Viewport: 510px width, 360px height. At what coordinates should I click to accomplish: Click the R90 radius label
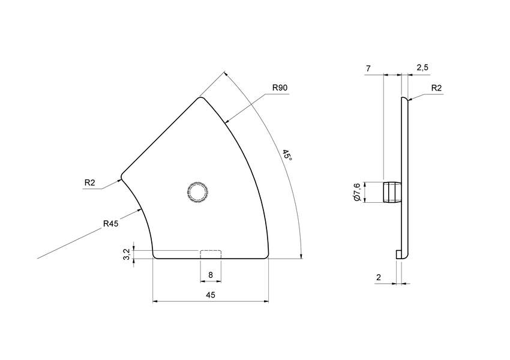(x=280, y=88)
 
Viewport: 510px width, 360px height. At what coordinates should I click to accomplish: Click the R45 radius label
(x=110, y=224)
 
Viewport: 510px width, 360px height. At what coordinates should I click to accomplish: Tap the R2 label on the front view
(x=89, y=182)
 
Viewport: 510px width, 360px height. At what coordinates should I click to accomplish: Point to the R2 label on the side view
(x=436, y=88)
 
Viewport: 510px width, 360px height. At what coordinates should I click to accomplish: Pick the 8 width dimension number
(x=211, y=275)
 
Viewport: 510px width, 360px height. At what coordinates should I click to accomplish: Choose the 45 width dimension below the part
(x=211, y=295)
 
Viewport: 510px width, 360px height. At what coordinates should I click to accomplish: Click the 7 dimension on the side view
(x=367, y=68)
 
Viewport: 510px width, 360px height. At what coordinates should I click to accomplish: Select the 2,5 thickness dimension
(x=422, y=67)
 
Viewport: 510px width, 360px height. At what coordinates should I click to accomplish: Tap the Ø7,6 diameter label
(x=356, y=192)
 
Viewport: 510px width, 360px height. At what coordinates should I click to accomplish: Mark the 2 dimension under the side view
(x=378, y=277)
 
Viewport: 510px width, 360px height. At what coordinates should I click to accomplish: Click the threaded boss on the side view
(x=391, y=192)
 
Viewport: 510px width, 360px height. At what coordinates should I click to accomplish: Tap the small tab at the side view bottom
(x=398, y=255)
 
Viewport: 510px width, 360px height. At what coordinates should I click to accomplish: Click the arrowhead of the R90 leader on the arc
(x=226, y=122)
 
